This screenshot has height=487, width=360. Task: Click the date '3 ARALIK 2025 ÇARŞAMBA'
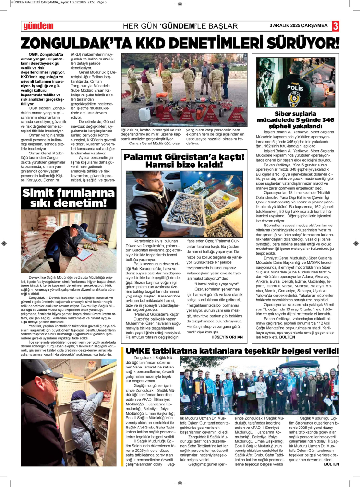pyautogui.click(x=298, y=25)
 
